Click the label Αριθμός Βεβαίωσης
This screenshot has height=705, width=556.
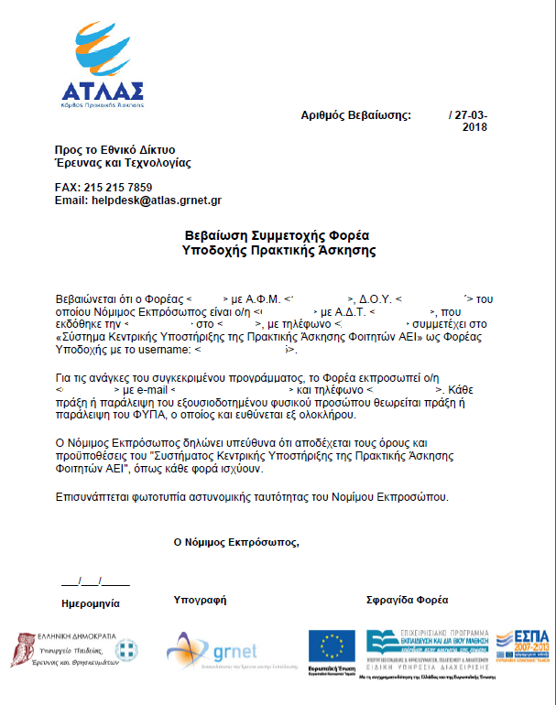(x=356, y=115)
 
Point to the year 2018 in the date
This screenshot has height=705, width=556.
(x=474, y=128)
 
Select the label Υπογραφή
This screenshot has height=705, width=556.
(x=200, y=601)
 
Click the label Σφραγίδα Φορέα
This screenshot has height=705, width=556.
(x=407, y=601)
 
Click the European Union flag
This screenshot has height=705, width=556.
(x=332, y=645)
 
